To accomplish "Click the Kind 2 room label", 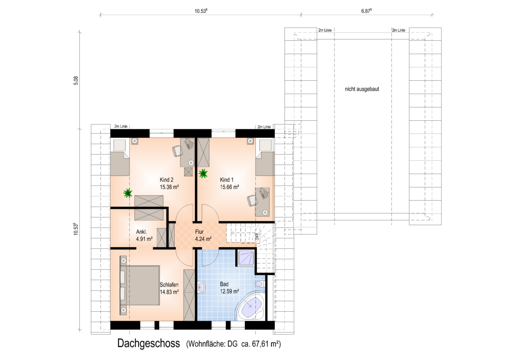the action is pyautogui.click(x=167, y=180).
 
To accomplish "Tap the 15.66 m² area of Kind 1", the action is pyautogui.click(x=229, y=187).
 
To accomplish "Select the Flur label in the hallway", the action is pyautogui.click(x=199, y=232).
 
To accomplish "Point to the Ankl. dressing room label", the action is pyautogui.click(x=141, y=232).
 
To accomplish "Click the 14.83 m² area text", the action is pyautogui.click(x=169, y=292).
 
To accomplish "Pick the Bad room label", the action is pyautogui.click(x=224, y=284).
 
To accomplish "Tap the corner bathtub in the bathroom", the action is pyautogui.click(x=251, y=307).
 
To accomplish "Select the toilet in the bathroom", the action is pyautogui.click(x=260, y=284).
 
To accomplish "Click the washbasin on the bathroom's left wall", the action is pyautogui.click(x=201, y=287).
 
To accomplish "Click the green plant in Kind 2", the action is pyautogui.click(x=128, y=193).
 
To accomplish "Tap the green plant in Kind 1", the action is pyautogui.click(x=203, y=173).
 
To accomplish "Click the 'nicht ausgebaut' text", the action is pyautogui.click(x=362, y=89).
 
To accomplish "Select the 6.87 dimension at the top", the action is pyautogui.click(x=366, y=11).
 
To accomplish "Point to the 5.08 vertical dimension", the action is pyautogui.click(x=76, y=81).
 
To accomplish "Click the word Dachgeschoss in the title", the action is pyautogui.click(x=148, y=343).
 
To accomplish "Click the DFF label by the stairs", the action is pyautogui.click(x=257, y=237).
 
